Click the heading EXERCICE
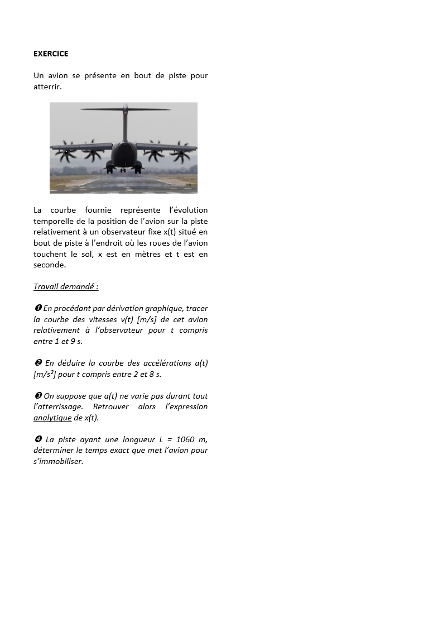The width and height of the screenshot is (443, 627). pyautogui.click(x=51, y=54)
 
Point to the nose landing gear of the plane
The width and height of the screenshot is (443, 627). pyautogui.click(x=124, y=167)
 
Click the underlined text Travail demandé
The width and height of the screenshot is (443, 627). pyautogui.click(x=66, y=286)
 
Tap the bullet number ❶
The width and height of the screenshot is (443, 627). pyautogui.click(x=37, y=308)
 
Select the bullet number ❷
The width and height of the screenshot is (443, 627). pyautogui.click(x=37, y=363)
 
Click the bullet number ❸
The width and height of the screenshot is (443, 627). pyautogui.click(x=37, y=396)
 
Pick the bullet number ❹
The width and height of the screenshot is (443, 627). pyautogui.click(x=37, y=439)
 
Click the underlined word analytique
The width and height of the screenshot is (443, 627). pyautogui.click(x=52, y=418)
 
